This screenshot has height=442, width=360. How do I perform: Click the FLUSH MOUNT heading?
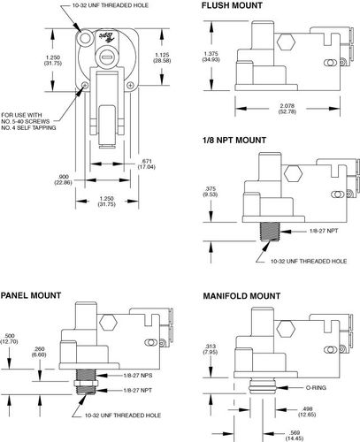coord(232,5)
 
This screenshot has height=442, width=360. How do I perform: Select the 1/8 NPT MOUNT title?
coord(234,140)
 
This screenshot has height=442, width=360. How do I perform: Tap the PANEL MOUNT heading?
coord(31,295)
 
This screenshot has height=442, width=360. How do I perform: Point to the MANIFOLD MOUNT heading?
coord(241,296)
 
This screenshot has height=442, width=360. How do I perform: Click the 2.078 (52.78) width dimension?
coord(287,109)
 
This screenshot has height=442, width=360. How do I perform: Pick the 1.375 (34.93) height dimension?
coord(211,57)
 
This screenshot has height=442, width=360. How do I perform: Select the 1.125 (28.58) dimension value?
coord(162,57)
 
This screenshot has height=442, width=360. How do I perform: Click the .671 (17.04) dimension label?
coord(147,164)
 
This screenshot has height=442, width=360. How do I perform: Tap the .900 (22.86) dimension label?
coord(63,179)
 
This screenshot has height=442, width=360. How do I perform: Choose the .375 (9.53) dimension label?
coord(211,192)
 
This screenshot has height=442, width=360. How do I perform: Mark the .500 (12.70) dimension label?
coord(10,339)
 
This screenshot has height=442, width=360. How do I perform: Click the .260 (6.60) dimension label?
coord(39,352)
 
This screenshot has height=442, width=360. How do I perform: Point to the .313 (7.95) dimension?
coord(211,349)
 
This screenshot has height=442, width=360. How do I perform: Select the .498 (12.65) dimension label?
coord(307,412)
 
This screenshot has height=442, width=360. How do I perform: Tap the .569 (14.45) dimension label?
coord(295,436)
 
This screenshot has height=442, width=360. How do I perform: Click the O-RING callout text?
coord(316,388)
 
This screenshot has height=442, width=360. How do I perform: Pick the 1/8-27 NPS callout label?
coord(138,376)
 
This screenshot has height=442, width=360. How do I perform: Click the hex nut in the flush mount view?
coord(286,42)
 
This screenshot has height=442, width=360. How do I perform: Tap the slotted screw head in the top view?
coord(105,56)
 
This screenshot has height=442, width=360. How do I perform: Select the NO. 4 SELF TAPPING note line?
coord(28,128)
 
